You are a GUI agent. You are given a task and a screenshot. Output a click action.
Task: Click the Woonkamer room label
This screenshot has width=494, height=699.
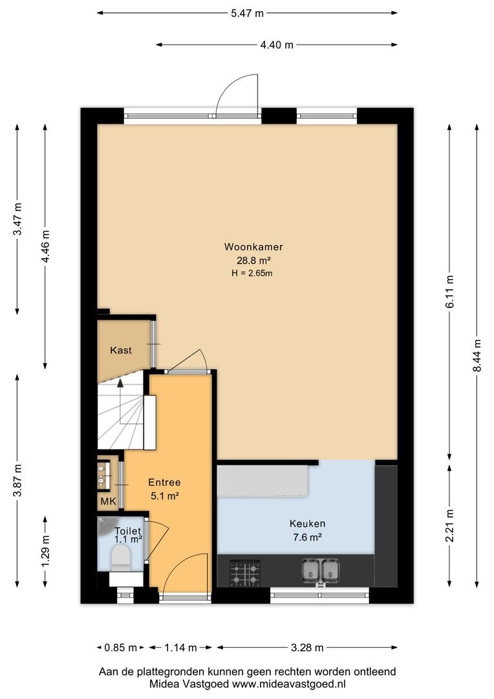click(x=253, y=247)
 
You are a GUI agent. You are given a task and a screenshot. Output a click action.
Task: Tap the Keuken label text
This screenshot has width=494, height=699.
click(x=307, y=524)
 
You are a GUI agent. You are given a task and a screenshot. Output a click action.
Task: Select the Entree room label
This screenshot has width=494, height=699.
click(x=164, y=482)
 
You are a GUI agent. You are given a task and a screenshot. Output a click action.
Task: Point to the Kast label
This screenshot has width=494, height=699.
click(x=121, y=350)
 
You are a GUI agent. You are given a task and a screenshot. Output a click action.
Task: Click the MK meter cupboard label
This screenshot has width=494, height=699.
click(x=108, y=502)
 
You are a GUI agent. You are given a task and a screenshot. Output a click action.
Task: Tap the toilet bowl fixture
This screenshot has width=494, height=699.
click(x=121, y=559)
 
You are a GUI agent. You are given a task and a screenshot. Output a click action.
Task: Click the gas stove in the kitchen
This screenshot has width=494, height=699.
click(x=245, y=573)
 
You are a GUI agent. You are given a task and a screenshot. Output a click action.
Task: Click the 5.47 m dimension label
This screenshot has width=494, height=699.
click(x=247, y=13)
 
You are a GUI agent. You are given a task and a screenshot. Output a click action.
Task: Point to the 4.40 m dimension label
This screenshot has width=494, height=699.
click(x=277, y=45)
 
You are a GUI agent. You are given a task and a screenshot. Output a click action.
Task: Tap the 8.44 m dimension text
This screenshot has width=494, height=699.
click(x=477, y=355)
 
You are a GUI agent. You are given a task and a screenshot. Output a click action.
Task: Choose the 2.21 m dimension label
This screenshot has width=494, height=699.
click(x=449, y=526)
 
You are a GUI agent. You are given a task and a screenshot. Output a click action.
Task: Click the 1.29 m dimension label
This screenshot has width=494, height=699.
click(x=45, y=551)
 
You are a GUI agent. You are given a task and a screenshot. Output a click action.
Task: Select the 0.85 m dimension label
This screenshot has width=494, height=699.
click(x=120, y=647)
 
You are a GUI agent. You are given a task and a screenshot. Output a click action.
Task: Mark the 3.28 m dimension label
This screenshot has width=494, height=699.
click(x=307, y=647)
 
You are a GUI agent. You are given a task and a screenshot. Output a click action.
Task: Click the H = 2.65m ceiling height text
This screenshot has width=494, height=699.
click(x=252, y=273)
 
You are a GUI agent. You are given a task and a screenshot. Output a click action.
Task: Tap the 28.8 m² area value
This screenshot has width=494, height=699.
click(x=254, y=260)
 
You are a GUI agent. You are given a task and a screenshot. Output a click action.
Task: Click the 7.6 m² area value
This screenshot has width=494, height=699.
click(x=307, y=537)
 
